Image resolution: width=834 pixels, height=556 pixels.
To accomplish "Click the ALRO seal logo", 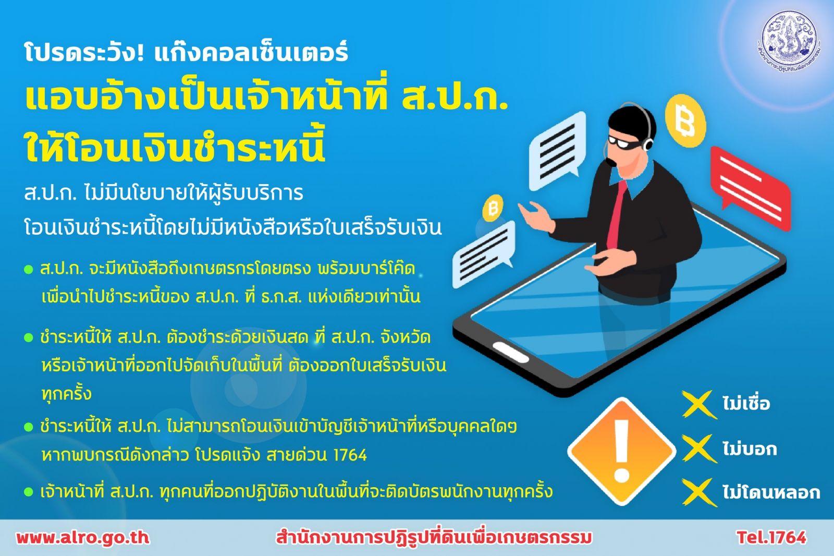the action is pos(788,42).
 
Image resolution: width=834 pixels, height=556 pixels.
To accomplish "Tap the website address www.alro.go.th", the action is pos(83,537).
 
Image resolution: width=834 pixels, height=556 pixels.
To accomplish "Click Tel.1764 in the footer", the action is pos(771,537).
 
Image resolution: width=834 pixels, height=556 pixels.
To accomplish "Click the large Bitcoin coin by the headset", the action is pos(685,120).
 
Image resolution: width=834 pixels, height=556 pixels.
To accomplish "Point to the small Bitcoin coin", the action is pos(493,208).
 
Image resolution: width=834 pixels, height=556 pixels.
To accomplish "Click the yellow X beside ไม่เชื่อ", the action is pos(699,404).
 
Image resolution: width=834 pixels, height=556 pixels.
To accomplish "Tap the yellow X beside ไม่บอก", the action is pos(699,449).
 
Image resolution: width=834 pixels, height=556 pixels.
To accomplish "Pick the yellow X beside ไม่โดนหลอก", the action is pos(699,492).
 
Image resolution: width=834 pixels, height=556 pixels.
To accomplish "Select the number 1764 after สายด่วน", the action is pos(350,455).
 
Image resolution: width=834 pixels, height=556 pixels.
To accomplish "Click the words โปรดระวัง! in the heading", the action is pos(84,53).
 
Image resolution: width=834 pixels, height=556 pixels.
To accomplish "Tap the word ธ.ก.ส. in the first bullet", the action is pos(281,297).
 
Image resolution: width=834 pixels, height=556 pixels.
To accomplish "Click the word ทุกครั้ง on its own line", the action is pos(66,394).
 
